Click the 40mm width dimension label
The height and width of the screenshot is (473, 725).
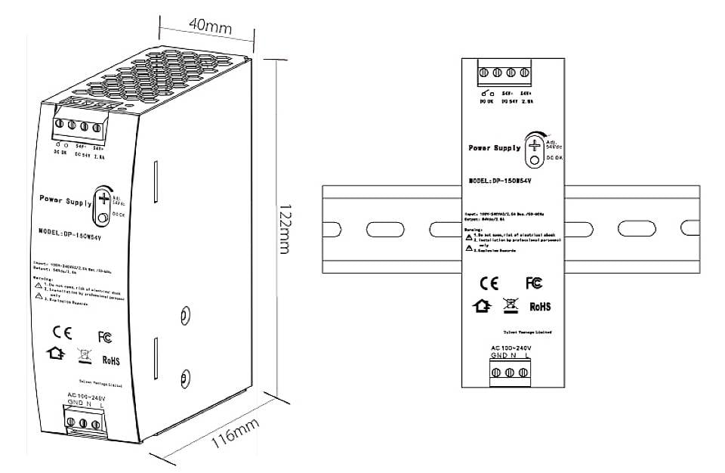[x=209, y=26]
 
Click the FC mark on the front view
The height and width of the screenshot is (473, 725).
[x=534, y=283]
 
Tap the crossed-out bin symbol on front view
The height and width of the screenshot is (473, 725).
[x=509, y=305]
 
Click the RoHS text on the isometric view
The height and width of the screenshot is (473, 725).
[x=110, y=361]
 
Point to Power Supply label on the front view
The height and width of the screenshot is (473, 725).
[x=495, y=148]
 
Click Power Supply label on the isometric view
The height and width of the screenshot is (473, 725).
[x=65, y=199]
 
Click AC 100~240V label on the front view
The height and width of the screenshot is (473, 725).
[x=510, y=348]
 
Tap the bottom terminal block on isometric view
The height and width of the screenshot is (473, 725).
[x=82, y=423]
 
